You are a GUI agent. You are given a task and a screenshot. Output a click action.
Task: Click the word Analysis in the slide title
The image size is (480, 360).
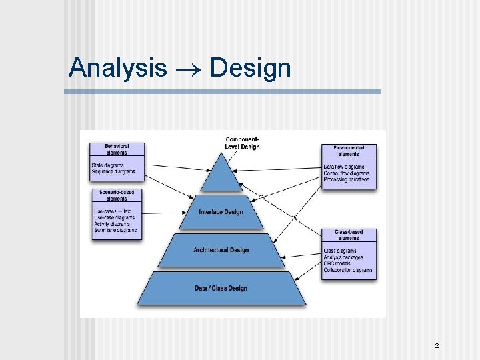tap(118, 68)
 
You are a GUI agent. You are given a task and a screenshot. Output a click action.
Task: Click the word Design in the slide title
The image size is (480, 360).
tap(250, 68)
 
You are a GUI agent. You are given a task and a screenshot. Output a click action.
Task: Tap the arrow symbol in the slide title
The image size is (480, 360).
tap(188, 69)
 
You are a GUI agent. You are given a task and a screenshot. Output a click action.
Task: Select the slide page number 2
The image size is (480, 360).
tap(437, 345)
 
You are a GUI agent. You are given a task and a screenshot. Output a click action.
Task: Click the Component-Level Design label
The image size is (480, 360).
tap(243, 143)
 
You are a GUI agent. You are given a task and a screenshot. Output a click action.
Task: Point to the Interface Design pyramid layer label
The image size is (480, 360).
tap(221, 212)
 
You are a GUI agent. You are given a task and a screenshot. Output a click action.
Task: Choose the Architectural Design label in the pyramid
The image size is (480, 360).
tap(221, 250)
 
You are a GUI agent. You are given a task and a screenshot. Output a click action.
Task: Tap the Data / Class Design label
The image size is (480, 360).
tap(221, 288)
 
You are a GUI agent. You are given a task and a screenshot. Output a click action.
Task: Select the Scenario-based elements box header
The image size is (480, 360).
tap(117, 195)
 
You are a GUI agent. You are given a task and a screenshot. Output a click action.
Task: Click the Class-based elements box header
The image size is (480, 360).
tap(349, 235)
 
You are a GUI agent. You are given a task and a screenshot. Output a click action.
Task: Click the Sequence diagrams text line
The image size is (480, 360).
tap(113, 171)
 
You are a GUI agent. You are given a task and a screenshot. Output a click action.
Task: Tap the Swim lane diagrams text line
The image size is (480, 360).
tap(115, 231)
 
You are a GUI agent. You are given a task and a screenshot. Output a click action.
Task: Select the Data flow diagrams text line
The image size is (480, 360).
tap(344, 167)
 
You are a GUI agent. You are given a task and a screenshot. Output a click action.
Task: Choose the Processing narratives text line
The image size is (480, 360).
tap(346, 179)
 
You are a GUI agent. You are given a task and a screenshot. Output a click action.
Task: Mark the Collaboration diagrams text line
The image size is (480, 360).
tap(348, 270)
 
